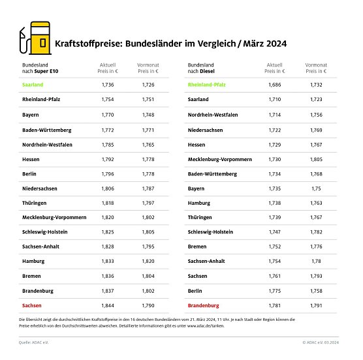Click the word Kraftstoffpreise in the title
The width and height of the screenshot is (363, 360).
pyautogui.click(x=86, y=45)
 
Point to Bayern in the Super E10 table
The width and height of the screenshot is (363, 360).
pyautogui.click(x=31, y=114)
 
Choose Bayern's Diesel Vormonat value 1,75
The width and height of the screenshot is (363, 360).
pyautogui.click(x=313, y=187)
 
